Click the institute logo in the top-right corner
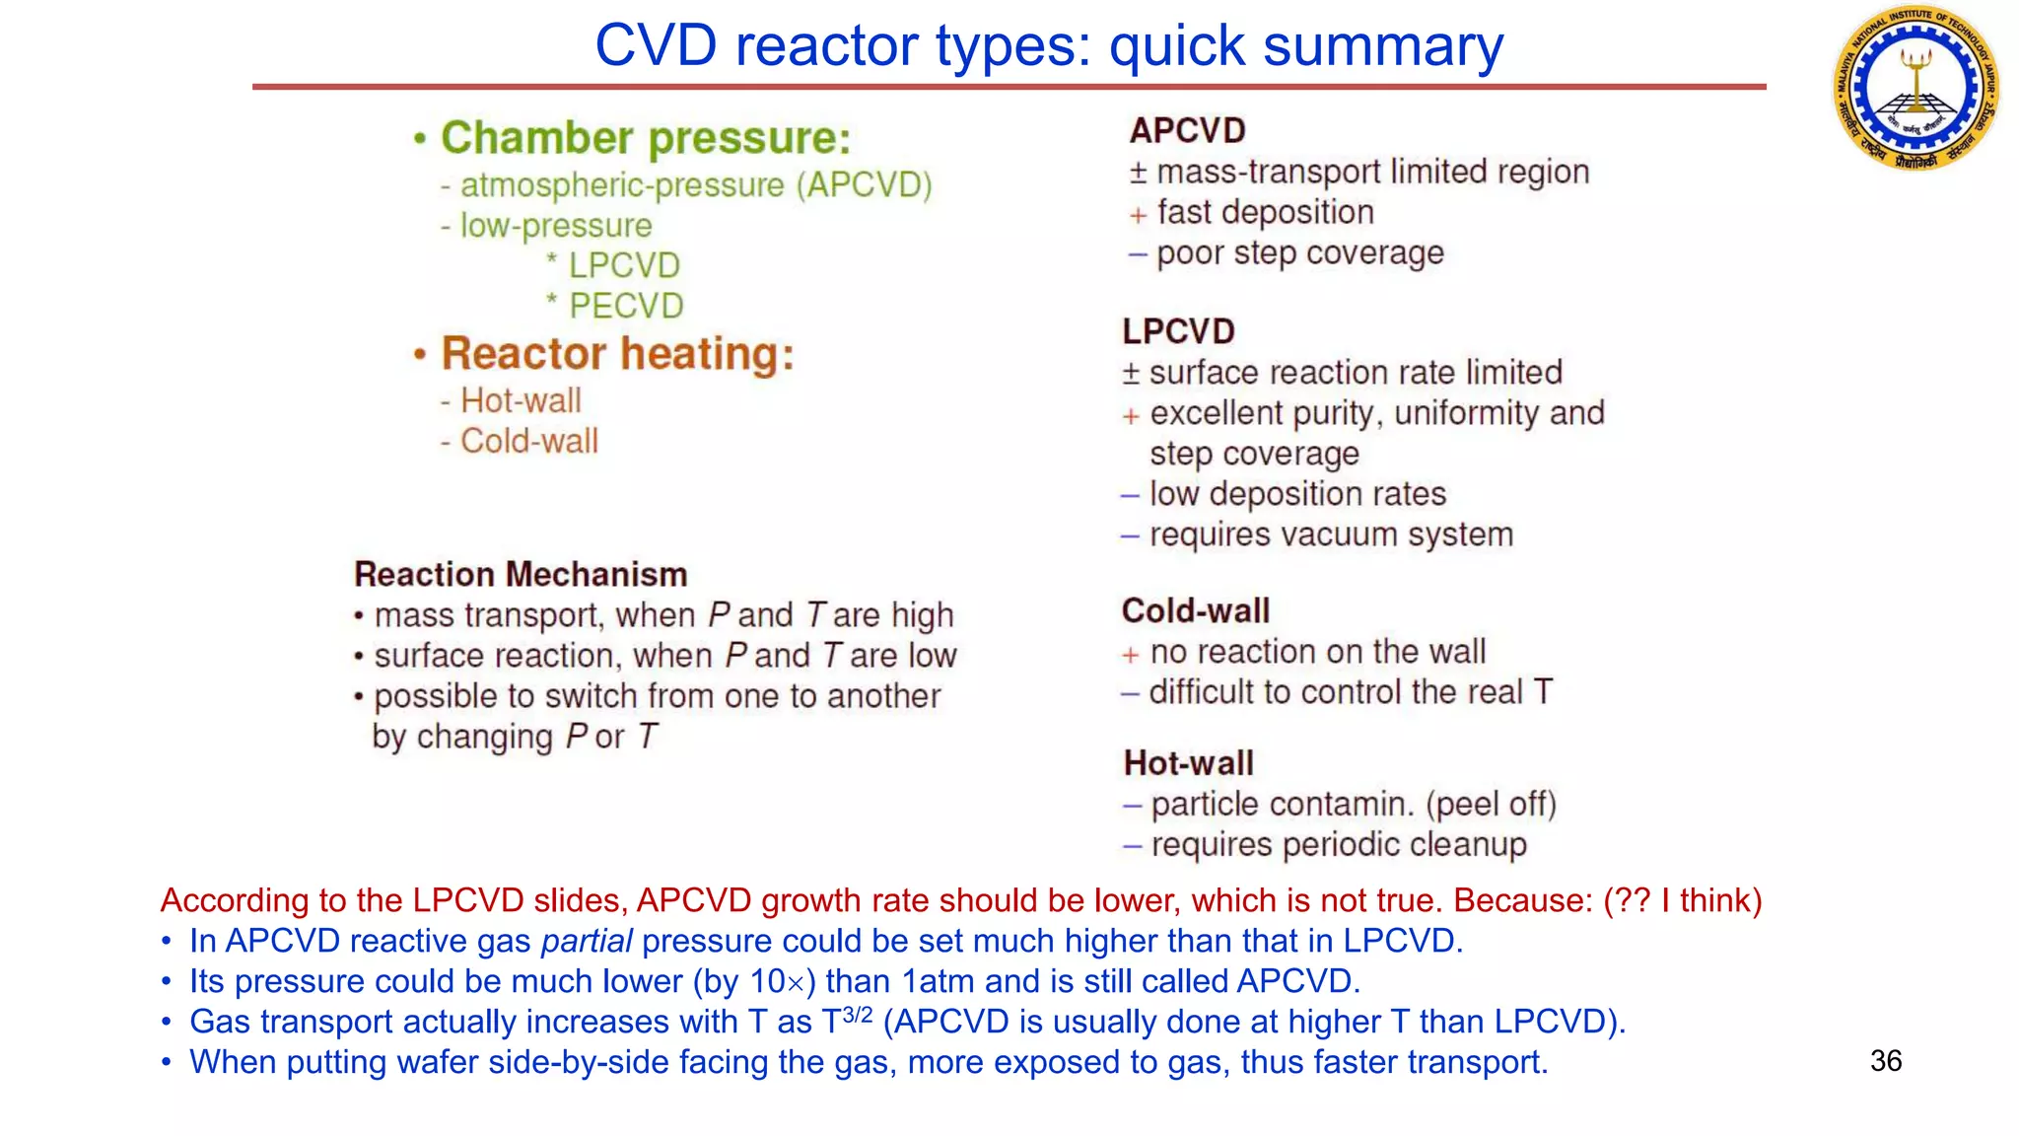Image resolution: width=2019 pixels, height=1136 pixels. (1915, 88)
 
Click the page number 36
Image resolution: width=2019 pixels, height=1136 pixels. (1885, 1061)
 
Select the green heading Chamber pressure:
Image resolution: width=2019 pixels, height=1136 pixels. (645, 137)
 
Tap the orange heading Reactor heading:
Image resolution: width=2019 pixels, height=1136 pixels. (617, 353)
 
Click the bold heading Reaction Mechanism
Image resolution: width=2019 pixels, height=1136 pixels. (521, 574)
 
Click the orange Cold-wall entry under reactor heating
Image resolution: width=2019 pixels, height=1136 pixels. (528, 441)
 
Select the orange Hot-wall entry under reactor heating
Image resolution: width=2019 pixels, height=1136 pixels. (521, 400)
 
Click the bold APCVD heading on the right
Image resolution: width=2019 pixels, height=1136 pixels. (1187, 130)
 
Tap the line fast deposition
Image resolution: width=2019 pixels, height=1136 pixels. (1265, 212)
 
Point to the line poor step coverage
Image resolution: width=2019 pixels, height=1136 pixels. (1299, 252)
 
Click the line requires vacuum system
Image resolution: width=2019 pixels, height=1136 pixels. (1331, 534)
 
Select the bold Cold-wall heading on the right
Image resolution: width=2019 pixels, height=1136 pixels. (1195, 610)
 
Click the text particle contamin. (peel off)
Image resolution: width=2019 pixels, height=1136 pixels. (1353, 804)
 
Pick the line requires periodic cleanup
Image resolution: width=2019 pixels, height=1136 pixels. (1338, 844)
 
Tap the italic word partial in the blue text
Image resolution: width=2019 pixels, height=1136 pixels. (586, 941)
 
